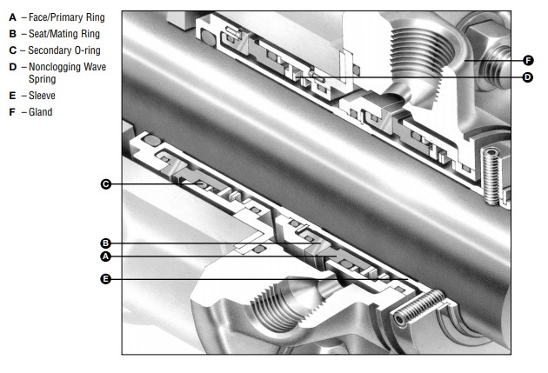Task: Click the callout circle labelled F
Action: tap(529, 60)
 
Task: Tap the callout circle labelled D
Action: tap(528, 77)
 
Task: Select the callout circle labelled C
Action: tap(106, 184)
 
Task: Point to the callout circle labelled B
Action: tap(105, 243)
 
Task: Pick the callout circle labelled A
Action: tap(105, 256)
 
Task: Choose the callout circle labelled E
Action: tap(105, 279)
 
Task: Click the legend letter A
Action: tap(12, 17)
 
